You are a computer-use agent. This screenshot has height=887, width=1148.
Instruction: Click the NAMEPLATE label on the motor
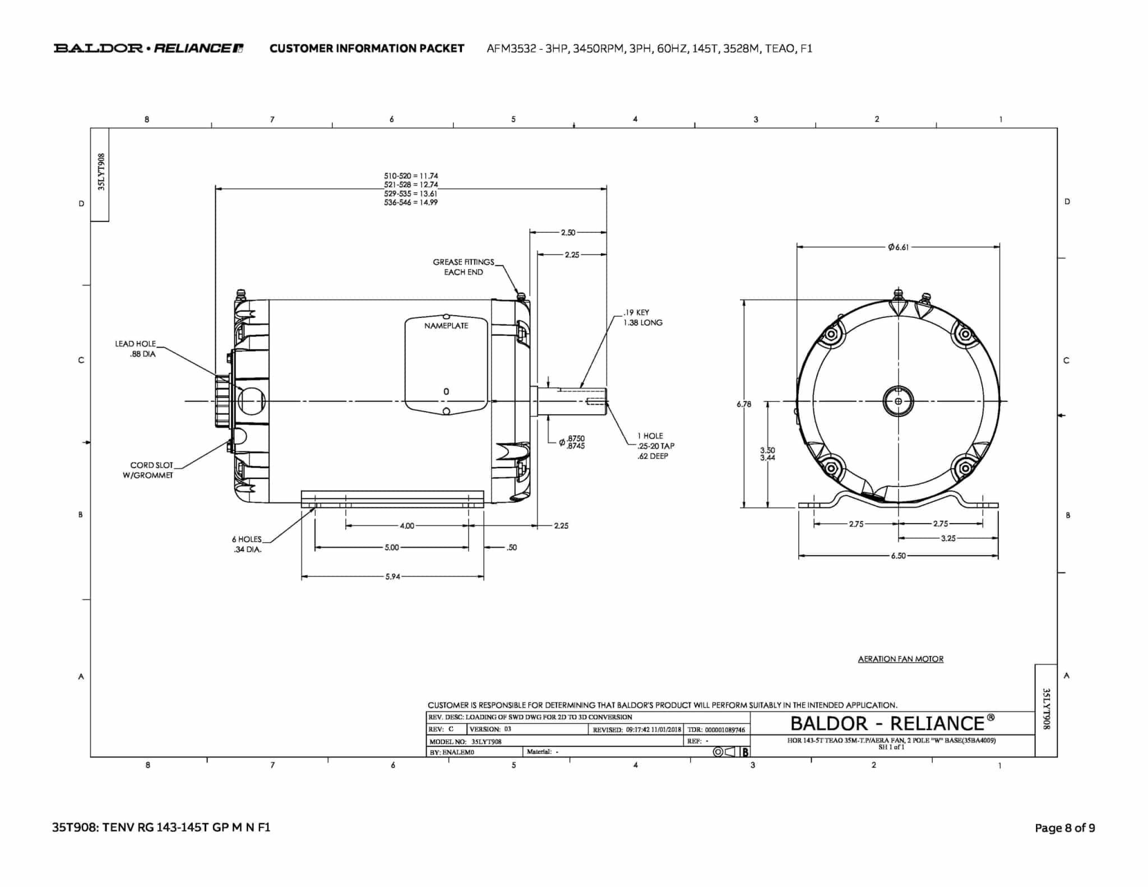[x=446, y=326]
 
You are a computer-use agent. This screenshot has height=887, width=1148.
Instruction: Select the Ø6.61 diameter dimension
[x=898, y=247]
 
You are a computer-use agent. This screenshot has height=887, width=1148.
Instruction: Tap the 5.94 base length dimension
[x=392, y=576]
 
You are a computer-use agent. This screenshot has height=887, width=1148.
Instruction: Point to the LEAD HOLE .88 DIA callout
[x=136, y=349]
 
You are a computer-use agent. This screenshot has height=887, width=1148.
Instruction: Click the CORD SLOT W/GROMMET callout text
[x=149, y=470]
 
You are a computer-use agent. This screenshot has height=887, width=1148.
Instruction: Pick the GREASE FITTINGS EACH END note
[x=464, y=267]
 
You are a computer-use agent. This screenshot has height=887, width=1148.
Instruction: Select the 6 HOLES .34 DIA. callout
[x=247, y=544]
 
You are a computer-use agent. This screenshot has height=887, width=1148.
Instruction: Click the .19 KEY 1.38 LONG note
[x=643, y=317]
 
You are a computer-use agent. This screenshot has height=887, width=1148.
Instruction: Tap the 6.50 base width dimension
[x=898, y=556]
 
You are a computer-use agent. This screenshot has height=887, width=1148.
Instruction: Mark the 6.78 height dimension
[x=744, y=404]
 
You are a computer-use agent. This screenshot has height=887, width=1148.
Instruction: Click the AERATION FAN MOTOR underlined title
[x=901, y=659]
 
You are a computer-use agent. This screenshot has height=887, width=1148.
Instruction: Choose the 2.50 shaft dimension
[x=568, y=232]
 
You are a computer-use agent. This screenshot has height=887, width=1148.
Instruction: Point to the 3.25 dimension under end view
[x=948, y=538]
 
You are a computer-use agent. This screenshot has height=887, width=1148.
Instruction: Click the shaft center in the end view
[x=898, y=401]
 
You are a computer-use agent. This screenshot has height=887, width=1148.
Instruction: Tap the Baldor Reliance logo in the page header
[x=149, y=48]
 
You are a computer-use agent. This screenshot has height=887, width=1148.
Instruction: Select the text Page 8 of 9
[x=1064, y=828]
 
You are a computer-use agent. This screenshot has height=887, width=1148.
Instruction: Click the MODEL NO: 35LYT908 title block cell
[x=465, y=741]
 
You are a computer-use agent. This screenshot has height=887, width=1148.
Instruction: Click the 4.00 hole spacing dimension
[x=407, y=525]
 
